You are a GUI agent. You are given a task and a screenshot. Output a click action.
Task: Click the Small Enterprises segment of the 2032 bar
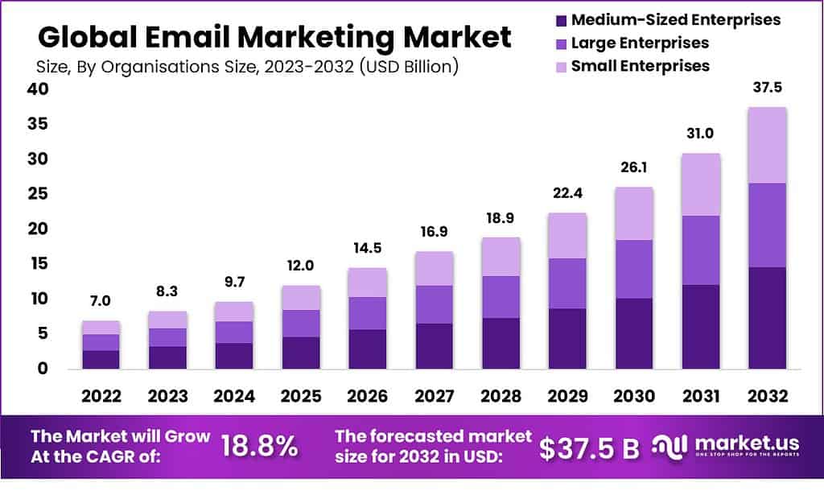767,145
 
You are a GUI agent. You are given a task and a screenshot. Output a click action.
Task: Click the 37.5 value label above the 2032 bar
767,89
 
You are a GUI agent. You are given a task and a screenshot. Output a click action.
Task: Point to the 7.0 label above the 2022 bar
101,301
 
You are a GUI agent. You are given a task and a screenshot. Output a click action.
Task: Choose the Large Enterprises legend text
640,43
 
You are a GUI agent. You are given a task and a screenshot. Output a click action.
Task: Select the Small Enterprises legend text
640,65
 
